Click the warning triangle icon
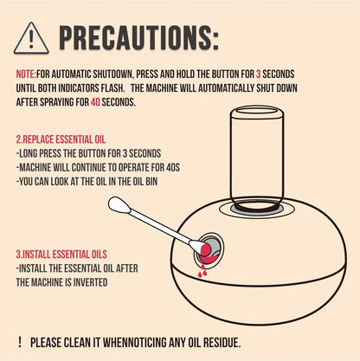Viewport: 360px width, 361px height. tap(31, 38)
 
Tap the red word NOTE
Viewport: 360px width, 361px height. tap(26, 74)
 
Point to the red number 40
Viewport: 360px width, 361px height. tap(95, 102)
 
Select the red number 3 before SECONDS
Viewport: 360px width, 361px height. tap(258, 74)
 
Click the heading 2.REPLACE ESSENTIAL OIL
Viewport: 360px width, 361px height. tap(61, 139)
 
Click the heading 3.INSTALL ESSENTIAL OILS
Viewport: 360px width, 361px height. tap(61, 255)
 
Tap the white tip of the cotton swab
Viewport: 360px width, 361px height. tap(119, 204)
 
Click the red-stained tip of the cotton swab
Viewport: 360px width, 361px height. tap(205, 249)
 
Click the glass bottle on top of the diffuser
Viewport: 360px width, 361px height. tap(257, 158)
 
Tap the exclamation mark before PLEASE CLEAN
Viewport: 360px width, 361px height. tap(20, 342)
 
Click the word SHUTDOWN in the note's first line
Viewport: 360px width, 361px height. tap(112, 74)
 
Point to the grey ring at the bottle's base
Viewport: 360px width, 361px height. tap(257, 210)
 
